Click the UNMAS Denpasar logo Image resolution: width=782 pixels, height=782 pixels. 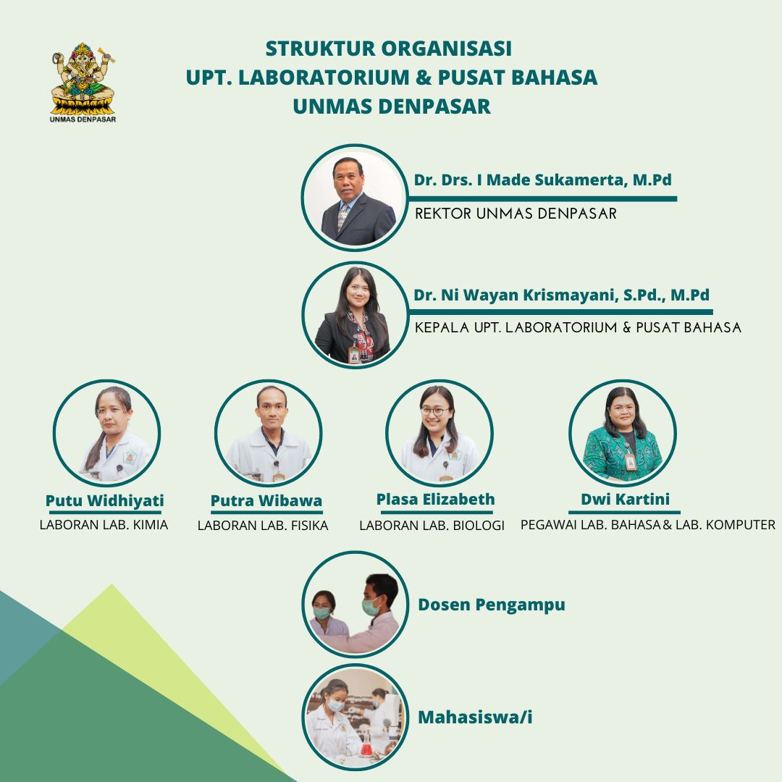(83, 83)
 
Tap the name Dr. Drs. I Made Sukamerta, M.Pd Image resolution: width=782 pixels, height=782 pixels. (542, 180)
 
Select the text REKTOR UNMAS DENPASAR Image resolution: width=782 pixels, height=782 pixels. (516, 214)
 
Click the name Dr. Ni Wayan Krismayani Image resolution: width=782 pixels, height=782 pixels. (516, 295)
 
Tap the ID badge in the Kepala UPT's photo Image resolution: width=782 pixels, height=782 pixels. (354, 354)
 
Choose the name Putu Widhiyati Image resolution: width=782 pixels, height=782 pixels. (105, 501)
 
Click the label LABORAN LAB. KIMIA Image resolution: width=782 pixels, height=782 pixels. (104, 525)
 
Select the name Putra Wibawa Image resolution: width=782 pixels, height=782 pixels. (266, 501)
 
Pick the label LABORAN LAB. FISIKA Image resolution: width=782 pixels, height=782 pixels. (263, 525)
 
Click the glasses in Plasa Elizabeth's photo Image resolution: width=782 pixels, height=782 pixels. (435, 411)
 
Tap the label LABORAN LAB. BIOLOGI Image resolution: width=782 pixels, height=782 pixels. (432, 525)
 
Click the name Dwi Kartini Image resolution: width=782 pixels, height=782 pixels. (625, 499)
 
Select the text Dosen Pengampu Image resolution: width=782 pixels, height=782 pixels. (491, 605)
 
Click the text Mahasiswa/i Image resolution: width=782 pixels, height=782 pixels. (475, 717)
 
